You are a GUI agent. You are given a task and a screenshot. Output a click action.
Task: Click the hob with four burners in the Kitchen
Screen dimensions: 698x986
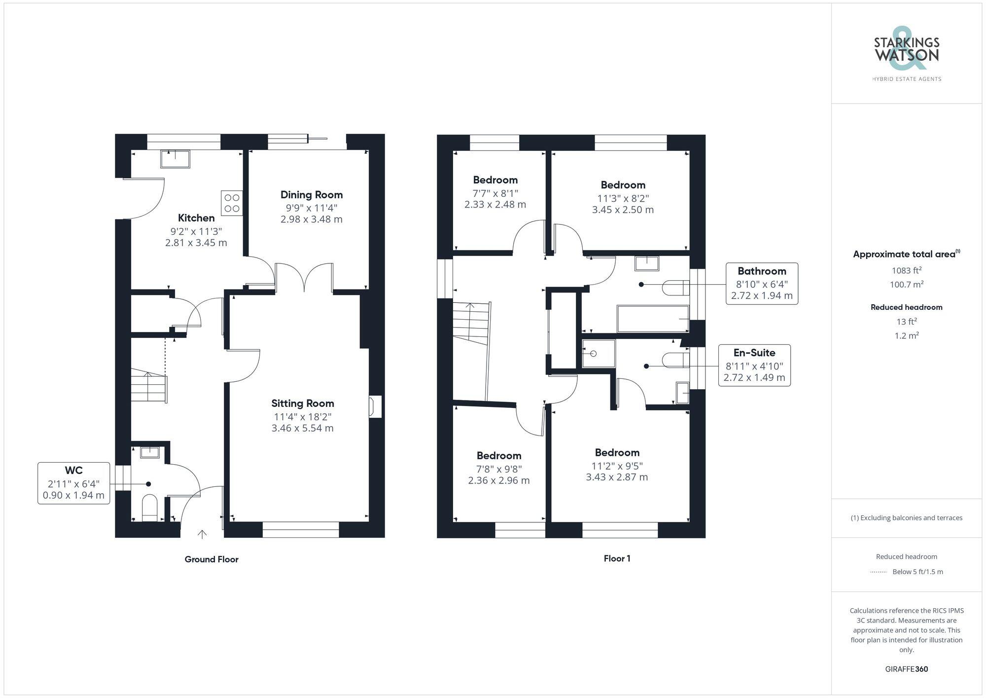[232, 203]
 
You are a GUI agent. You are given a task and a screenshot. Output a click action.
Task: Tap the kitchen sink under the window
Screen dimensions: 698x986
[175, 159]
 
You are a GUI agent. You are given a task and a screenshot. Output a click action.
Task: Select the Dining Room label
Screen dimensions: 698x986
[312, 195]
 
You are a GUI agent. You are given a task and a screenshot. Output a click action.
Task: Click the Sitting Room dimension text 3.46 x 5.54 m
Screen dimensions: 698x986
[302, 428]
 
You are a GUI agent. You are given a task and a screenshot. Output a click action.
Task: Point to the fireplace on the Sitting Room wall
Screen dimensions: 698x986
[375, 406]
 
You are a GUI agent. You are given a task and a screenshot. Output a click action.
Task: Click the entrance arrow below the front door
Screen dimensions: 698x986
[202, 534]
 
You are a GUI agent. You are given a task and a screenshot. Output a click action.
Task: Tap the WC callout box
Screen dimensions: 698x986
[74, 483]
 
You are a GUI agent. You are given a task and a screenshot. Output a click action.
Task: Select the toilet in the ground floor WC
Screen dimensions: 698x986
[149, 508]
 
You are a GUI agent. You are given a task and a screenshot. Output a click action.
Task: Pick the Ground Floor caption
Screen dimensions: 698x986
[211, 559]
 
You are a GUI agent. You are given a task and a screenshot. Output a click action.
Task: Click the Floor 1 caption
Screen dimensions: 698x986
[617, 558]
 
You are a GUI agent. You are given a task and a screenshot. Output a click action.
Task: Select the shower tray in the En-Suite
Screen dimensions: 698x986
[599, 353]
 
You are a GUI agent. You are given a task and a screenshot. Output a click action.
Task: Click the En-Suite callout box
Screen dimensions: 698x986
[754, 365]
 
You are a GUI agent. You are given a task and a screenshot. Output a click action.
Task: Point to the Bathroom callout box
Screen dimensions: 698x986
[762, 283]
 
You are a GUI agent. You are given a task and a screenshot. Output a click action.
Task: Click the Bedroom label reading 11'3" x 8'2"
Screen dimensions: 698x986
[623, 197]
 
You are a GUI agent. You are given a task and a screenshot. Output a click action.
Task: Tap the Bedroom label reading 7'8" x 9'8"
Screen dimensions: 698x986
[499, 468]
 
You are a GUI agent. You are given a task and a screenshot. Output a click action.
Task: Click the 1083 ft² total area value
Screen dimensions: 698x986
[906, 270]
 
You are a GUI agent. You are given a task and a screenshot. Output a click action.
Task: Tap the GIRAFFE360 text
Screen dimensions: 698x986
[906, 669]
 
